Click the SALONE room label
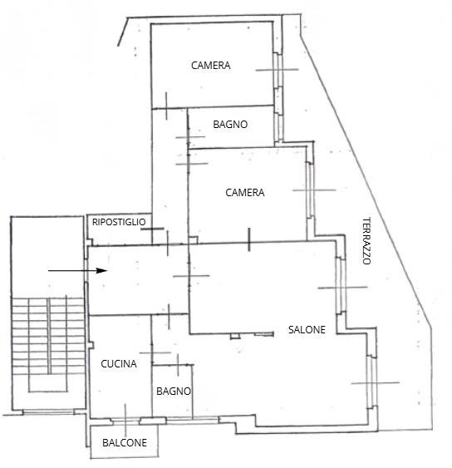coord(307,329)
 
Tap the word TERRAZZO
coord(366,241)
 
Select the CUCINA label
coord(119,364)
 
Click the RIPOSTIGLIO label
coord(119,222)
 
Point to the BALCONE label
coord(125,442)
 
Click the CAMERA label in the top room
coord(211,66)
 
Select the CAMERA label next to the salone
coord(244,193)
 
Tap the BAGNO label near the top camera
coord(230,124)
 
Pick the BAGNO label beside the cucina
coord(174,391)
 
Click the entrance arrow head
coord(101,271)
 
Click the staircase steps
coord(47,336)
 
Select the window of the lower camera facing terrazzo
coord(310,190)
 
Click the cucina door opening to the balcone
coord(125,421)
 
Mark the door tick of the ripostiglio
coord(152,229)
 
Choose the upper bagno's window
coord(278,127)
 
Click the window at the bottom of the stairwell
coord(48,411)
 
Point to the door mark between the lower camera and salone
coord(249,239)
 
